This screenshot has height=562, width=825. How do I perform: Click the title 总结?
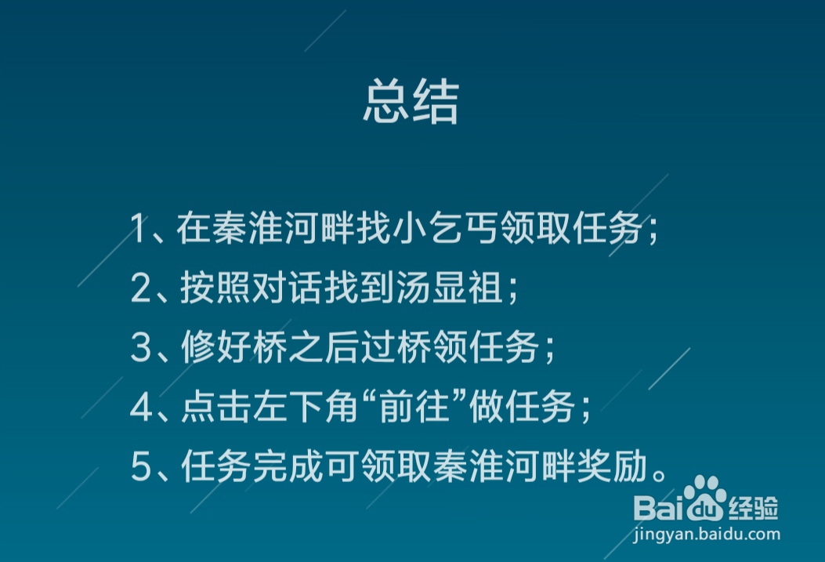[411, 103]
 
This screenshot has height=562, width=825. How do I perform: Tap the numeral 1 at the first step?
[139, 230]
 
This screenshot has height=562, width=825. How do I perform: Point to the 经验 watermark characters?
[753, 508]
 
